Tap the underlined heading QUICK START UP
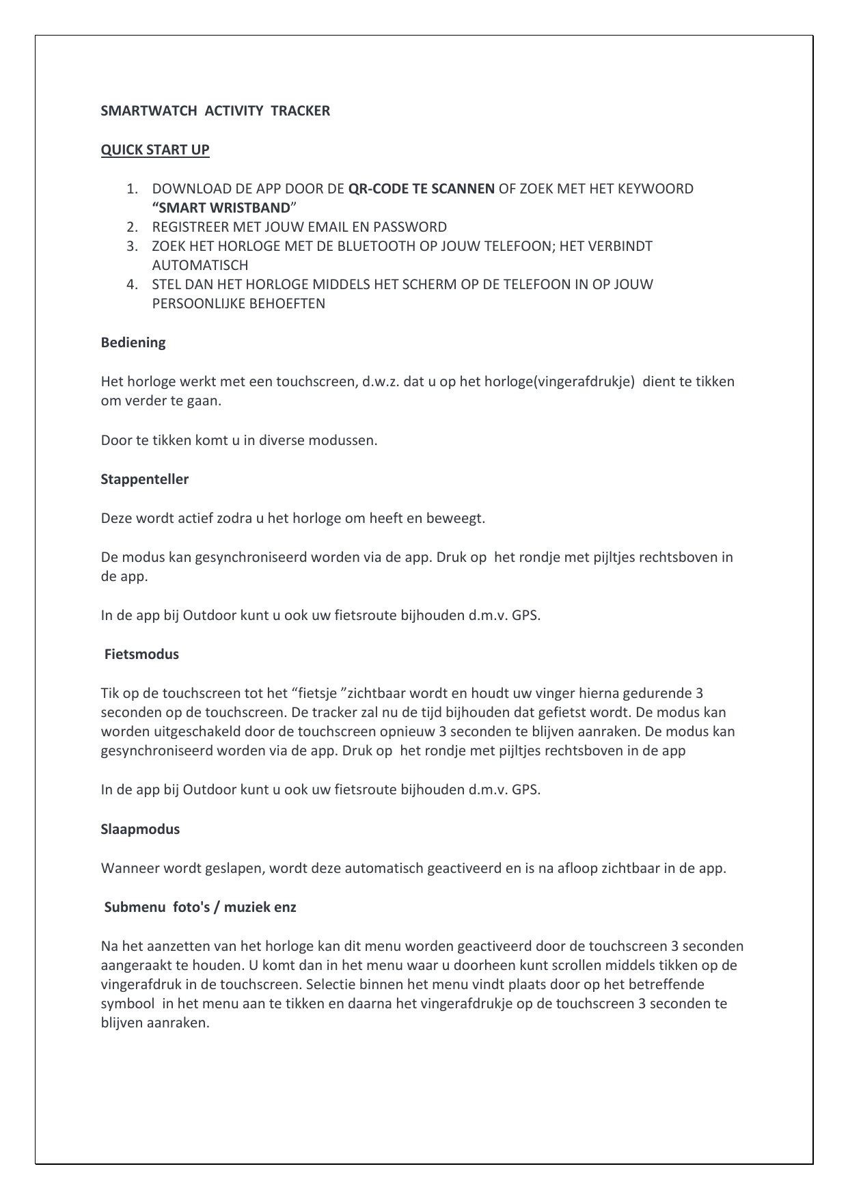[x=155, y=150]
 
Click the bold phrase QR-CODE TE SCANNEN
[x=422, y=189]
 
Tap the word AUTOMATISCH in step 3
[x=200, y=265]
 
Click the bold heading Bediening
[x=133, y=342]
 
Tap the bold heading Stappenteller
[x=145, y=479]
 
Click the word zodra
[x=234, y=518]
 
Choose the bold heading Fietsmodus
[x=141, y=654]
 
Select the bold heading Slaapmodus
[x=140, y=829]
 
